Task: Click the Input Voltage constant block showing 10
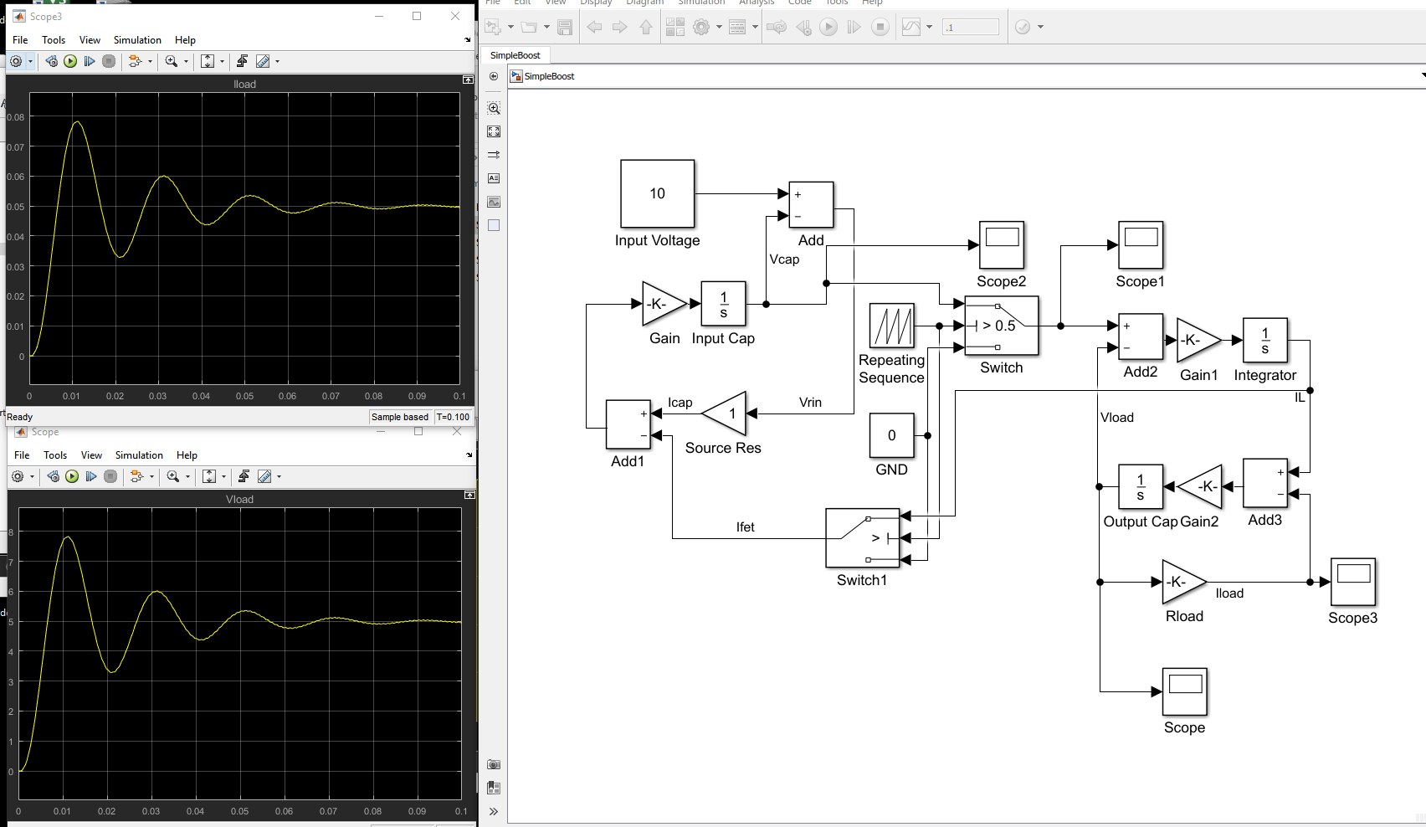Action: pyautogui.click(x=657, y=193)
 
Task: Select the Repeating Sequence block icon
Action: pyautogui.click(x=891, y=326)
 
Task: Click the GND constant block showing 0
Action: pyautogui.click(x=891, y=435)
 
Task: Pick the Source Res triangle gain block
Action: pyautogui.click(x=726, y=413)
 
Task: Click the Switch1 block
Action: pyautogui.click(x=862, y=537)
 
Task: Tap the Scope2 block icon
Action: pyautogui.click(x=1001, y=244)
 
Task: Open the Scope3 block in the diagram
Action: pyautogui.click(x=1352, y=582)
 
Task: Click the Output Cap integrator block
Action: pyautogui.click(x=1140, y=486)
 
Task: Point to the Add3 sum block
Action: pyautogui.click(x=1264, y=483)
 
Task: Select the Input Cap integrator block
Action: pyautogui.click(x=723, y=304)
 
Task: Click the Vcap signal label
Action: pyautogui.click(x=784, y=259)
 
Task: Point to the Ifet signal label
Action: pyautogui.click(x=745, y=527)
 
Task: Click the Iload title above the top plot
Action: pyautogui.click(x=244, y=84)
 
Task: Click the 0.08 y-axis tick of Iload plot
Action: pyautogui.click(x=16, y=117)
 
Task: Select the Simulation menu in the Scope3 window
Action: pyautogui.click(x=137, y=40)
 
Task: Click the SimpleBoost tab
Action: pyautogui.click(x=515, y=55)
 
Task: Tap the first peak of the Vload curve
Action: pyautogui.click(x=67, y=538)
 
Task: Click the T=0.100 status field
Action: pyautogui.click(x=453, y=417)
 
